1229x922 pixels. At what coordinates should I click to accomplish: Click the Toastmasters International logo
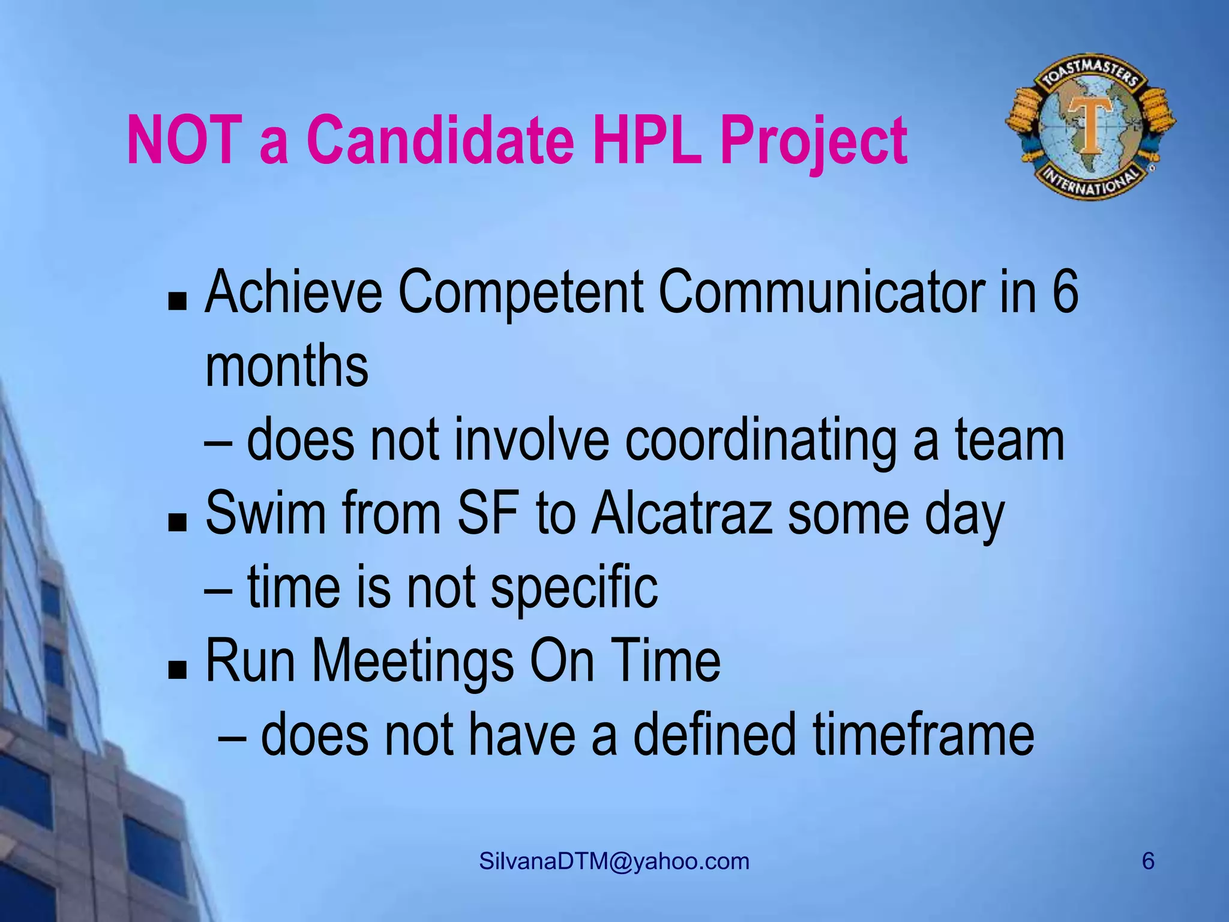1090,132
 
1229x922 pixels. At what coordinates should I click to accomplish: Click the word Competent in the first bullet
520,293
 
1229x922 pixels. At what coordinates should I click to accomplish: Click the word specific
574,588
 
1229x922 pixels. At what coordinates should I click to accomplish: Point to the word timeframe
924,735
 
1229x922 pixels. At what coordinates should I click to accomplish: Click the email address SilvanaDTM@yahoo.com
614,862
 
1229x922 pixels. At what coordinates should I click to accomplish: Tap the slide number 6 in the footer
1147,861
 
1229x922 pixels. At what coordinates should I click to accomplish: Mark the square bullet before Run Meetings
177,670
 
